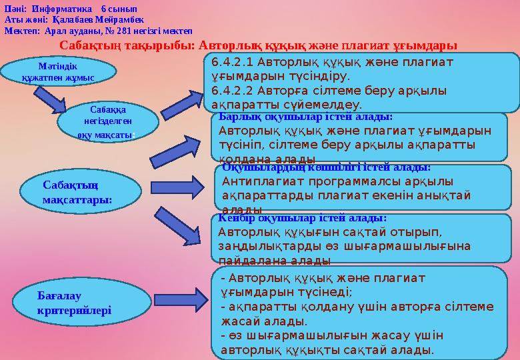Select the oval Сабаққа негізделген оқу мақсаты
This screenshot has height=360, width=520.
(x=106, y=121)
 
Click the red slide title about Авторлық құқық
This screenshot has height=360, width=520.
(x=259, y=45)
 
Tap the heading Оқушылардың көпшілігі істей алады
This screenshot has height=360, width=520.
(x=326, y=168)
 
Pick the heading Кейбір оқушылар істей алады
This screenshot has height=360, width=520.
(x=303, y=218)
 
